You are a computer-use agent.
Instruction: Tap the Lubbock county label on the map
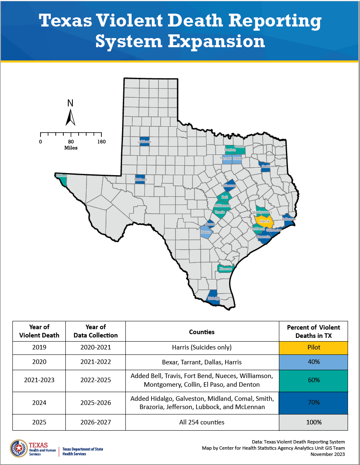[x=144, y=142]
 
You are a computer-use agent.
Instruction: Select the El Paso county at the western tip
[x=62, y=178]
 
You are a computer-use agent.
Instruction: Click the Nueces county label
[x=226, y=269]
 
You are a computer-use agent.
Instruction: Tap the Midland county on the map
[x=140, y=179]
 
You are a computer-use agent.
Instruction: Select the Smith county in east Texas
[x=265, y=166]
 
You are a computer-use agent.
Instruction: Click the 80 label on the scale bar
[x=71, y=142]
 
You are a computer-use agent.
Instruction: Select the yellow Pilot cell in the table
[x=313, y=347]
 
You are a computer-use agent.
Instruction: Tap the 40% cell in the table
[x=313, y=362]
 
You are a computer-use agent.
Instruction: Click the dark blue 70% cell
[x=313, y=402]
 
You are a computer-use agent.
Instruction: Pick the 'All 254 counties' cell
[x=202, y=422]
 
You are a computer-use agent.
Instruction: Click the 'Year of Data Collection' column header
[x=96, y=331]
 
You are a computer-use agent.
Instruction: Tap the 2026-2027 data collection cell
[x=96, y=422]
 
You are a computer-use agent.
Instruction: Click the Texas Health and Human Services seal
[x=19, y=448]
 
